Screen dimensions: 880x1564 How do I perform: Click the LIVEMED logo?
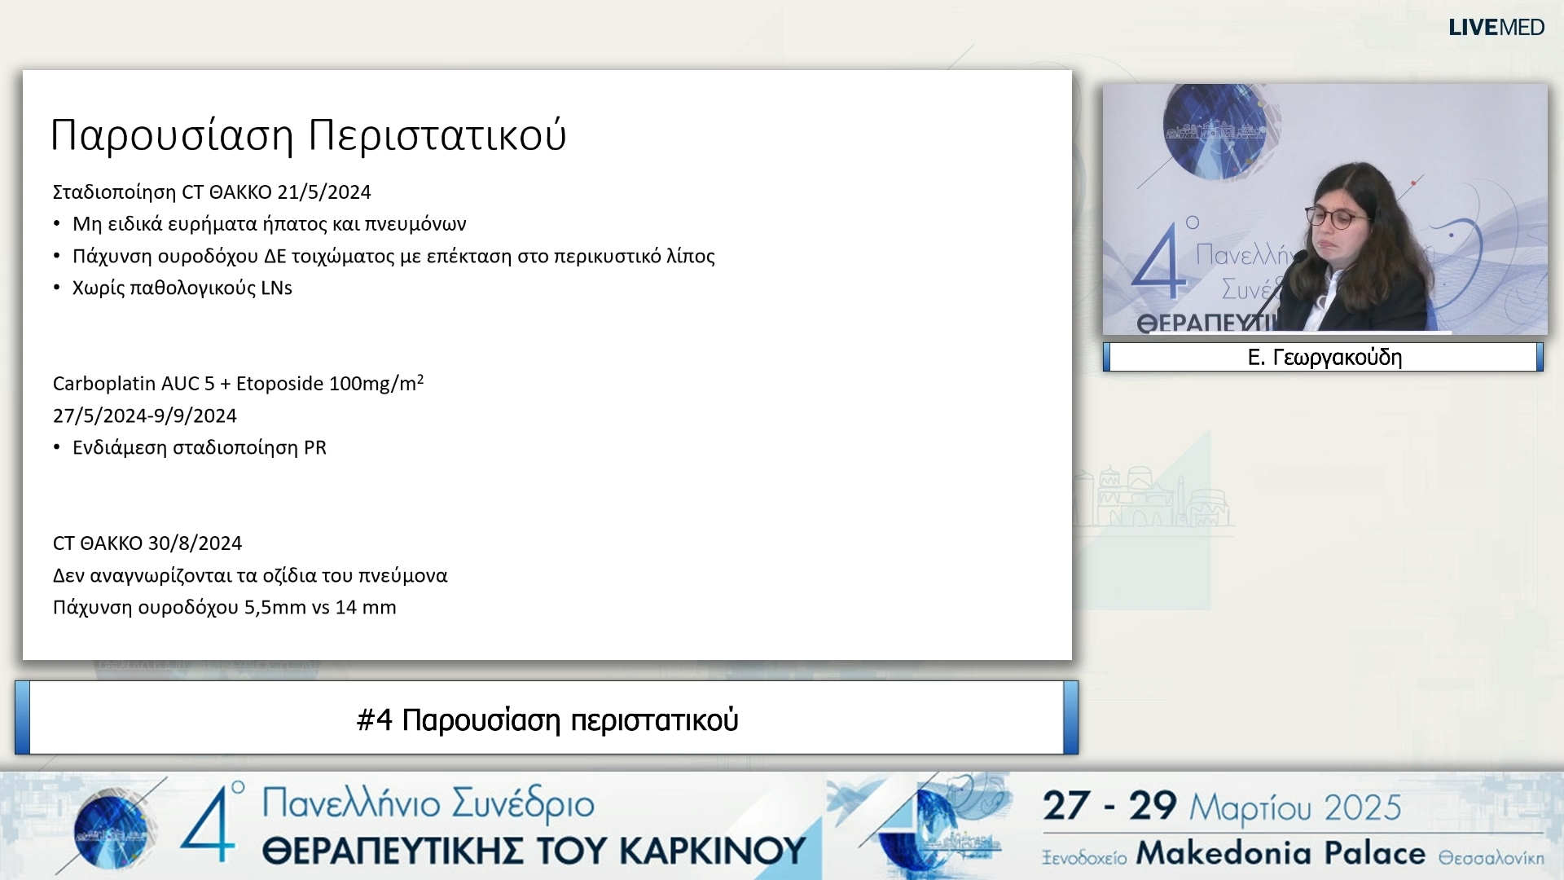pos(1496,28)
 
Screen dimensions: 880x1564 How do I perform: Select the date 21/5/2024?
pos(324,192)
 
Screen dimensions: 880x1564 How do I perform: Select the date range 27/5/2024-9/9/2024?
pos(145,416)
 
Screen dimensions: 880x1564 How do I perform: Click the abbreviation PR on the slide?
pos(315,448)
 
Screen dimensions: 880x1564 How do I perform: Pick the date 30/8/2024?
pos(195,543)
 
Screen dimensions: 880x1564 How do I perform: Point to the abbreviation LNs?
pos(276,288)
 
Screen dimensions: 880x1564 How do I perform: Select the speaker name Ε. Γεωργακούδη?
pos(1325,358)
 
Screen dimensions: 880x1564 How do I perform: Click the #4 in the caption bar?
pos(375,720)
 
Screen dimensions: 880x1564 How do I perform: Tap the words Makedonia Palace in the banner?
pos(1281,853)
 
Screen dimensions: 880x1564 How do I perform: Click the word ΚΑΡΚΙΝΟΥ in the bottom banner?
pos(713,851)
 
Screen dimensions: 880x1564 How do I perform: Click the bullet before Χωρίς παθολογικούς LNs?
pos(57,288)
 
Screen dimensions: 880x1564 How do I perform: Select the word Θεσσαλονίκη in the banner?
pos(1491,858)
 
